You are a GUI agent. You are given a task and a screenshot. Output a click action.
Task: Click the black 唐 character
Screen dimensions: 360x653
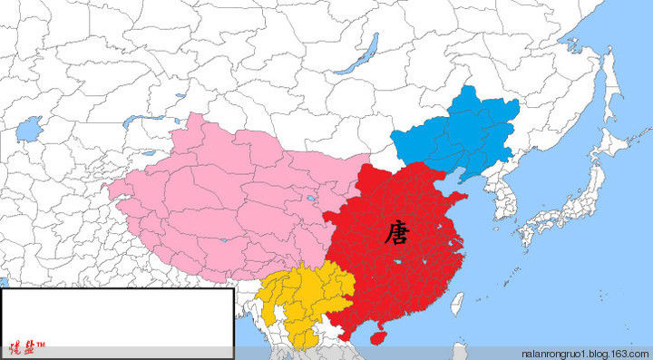coord(396,235)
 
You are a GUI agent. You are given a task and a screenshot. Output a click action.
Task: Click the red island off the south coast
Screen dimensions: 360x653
coord(378,336)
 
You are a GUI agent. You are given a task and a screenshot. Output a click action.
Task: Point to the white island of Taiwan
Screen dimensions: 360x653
coord(457,303)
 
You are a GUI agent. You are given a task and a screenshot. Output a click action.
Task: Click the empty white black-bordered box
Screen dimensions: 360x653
coord(117,313)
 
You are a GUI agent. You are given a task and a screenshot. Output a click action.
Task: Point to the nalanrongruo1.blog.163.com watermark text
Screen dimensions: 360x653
coord(586,352)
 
